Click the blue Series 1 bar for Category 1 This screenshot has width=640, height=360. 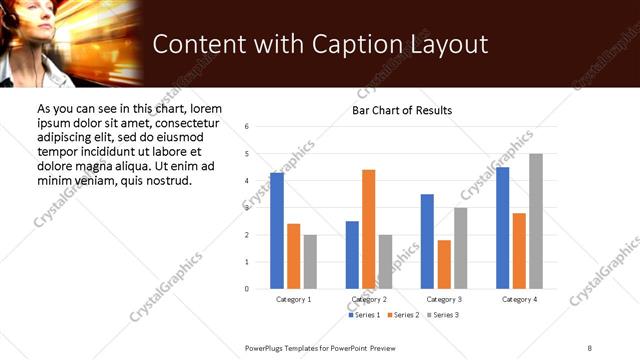pos(277,231)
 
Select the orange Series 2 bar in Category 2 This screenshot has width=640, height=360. pos(369,229)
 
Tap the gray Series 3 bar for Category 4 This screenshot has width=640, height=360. pos(536,221)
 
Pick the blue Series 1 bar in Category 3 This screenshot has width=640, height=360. pos(427,241)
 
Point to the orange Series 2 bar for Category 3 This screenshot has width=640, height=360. pos(444,265)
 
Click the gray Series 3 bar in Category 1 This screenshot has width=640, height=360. pos(310,262)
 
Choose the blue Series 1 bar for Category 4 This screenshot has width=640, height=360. pos(503,228)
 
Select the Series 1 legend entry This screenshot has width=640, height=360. pos(365,315)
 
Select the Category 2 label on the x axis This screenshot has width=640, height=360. pos(369,299)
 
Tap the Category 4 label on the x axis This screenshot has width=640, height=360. pos(519,299)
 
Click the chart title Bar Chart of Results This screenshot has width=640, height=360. pos(402,110)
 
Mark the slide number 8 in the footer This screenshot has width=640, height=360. pos(590,347)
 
